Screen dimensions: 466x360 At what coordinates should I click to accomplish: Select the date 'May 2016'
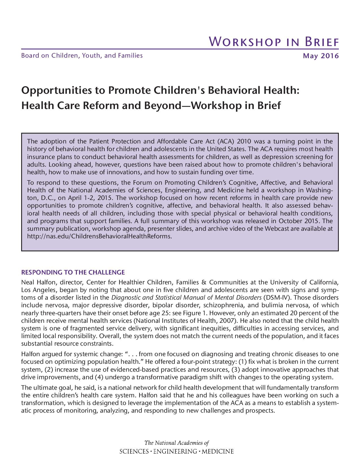click(x=320, y=56)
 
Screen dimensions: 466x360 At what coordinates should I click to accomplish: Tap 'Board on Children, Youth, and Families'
click(x=82, y=56)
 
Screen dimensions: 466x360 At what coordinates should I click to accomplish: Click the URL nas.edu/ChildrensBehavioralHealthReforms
click(x=99, y=236)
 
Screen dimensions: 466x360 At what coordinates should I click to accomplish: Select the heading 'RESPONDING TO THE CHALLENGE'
click(x=73, y=273)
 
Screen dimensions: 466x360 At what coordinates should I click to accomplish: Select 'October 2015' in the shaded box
click(x=299, y=221)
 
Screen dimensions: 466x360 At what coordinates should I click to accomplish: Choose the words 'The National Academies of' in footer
click(x=176, y=443)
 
